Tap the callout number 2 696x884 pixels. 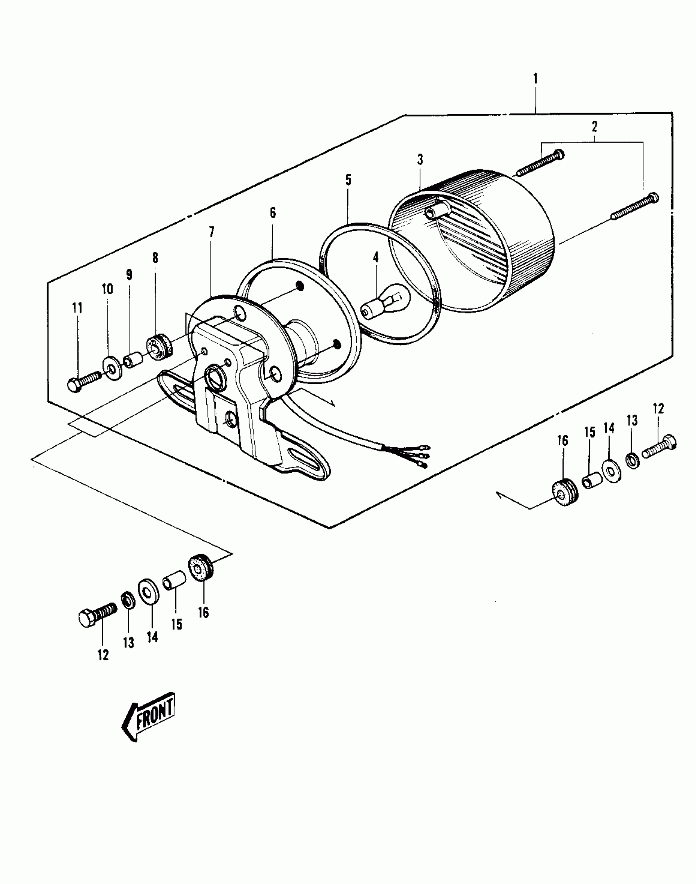tap(594, 127)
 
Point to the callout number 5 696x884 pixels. tap(348, 180)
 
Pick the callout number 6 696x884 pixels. tap(273, 213)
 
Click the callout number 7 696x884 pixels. tap(211, 232)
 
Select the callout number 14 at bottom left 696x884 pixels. tap(152, 637)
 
